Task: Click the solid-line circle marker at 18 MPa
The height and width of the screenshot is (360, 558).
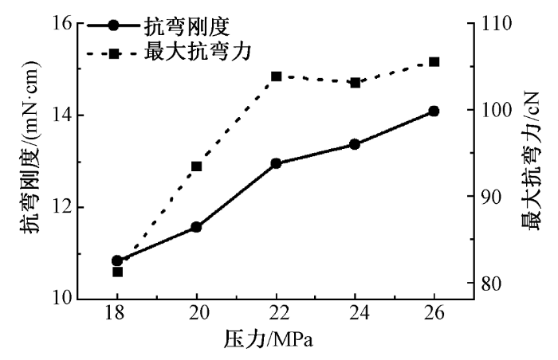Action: coord(117,260)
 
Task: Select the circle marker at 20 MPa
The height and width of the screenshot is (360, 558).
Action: coord(196,227)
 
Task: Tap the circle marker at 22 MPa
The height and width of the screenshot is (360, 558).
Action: coord(276,163)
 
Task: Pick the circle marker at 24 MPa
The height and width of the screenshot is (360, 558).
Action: coord(355,144)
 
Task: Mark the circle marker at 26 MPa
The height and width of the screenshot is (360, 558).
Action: coord(434,111)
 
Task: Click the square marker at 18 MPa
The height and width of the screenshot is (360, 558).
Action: coord(117,272)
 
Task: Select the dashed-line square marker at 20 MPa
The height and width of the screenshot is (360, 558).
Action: coord(196,166)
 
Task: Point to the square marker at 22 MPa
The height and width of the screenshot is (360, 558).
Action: coord(276,76)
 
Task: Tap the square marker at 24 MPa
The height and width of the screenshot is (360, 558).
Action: coord(355,82)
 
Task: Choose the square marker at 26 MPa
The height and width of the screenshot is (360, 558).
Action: coord(434,61)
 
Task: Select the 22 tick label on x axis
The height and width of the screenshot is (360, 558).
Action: coord(276,313)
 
